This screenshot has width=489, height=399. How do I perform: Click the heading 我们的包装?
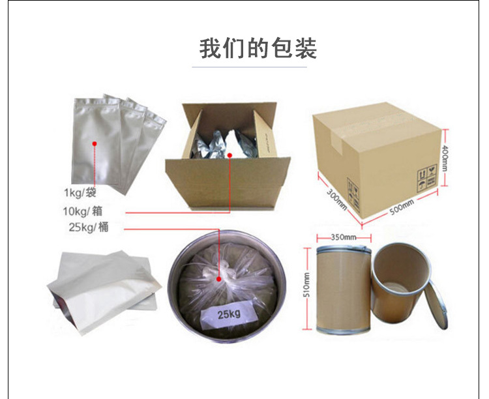click(258, 48)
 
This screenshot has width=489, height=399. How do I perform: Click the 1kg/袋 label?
click(80, 192)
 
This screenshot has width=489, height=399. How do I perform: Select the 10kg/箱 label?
click(82, 211)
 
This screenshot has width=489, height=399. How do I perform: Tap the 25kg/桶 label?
click(87, 227)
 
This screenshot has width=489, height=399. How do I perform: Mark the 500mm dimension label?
click(401, 207)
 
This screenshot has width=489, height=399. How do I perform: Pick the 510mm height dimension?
click(307, 286)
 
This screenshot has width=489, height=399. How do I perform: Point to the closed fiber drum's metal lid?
click(343, 248)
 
